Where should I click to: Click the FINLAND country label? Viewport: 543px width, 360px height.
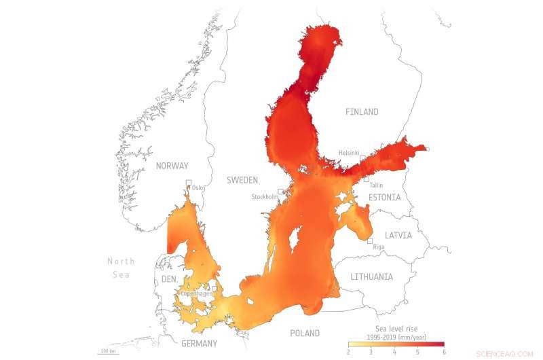(361, 111)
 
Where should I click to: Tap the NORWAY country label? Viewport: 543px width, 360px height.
(172, 165)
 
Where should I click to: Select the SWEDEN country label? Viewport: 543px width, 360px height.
(242, 180)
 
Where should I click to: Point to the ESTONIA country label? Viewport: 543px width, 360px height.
(385, 198)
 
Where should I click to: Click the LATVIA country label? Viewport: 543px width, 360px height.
(398, 236)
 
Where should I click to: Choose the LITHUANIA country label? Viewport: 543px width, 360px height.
(371, 277)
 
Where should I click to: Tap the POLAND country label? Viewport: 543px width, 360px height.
(305, 334)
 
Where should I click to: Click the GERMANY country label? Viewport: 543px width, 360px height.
(199, 343)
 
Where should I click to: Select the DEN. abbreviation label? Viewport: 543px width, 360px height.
(169, 280)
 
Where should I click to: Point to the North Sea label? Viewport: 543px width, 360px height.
(121, 268)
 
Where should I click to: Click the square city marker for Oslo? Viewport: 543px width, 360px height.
(189, 182)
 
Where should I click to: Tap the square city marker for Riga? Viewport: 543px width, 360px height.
(370, 241)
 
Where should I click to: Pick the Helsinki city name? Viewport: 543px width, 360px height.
(349, 154)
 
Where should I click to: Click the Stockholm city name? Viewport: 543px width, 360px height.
(265, 197)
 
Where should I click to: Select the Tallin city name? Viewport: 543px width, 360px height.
(377, 185)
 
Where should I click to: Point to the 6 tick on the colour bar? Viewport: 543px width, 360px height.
(444, 352)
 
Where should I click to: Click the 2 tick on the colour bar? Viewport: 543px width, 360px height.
(349, 352)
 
